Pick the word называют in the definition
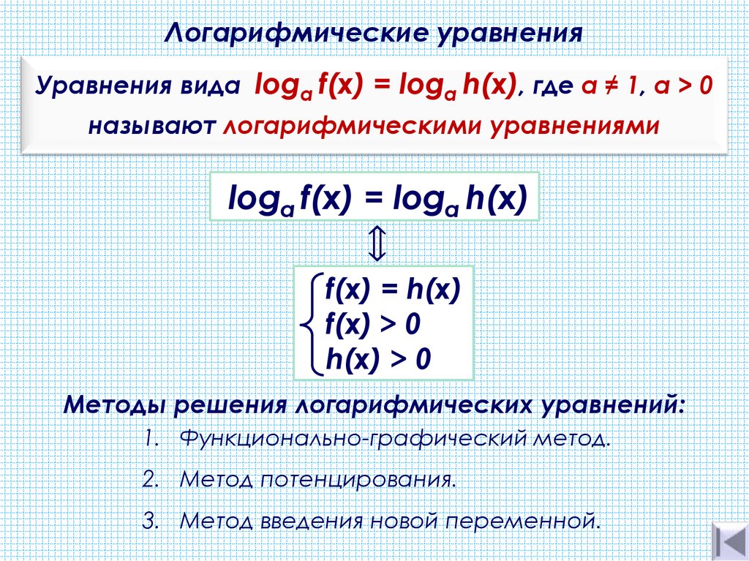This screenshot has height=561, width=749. point(151,125)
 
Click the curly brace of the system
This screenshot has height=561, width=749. point(310,323)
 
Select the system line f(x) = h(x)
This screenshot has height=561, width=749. point(392,291)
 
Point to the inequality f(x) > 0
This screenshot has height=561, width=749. point(373,324)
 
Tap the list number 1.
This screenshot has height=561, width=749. point(151,441)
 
